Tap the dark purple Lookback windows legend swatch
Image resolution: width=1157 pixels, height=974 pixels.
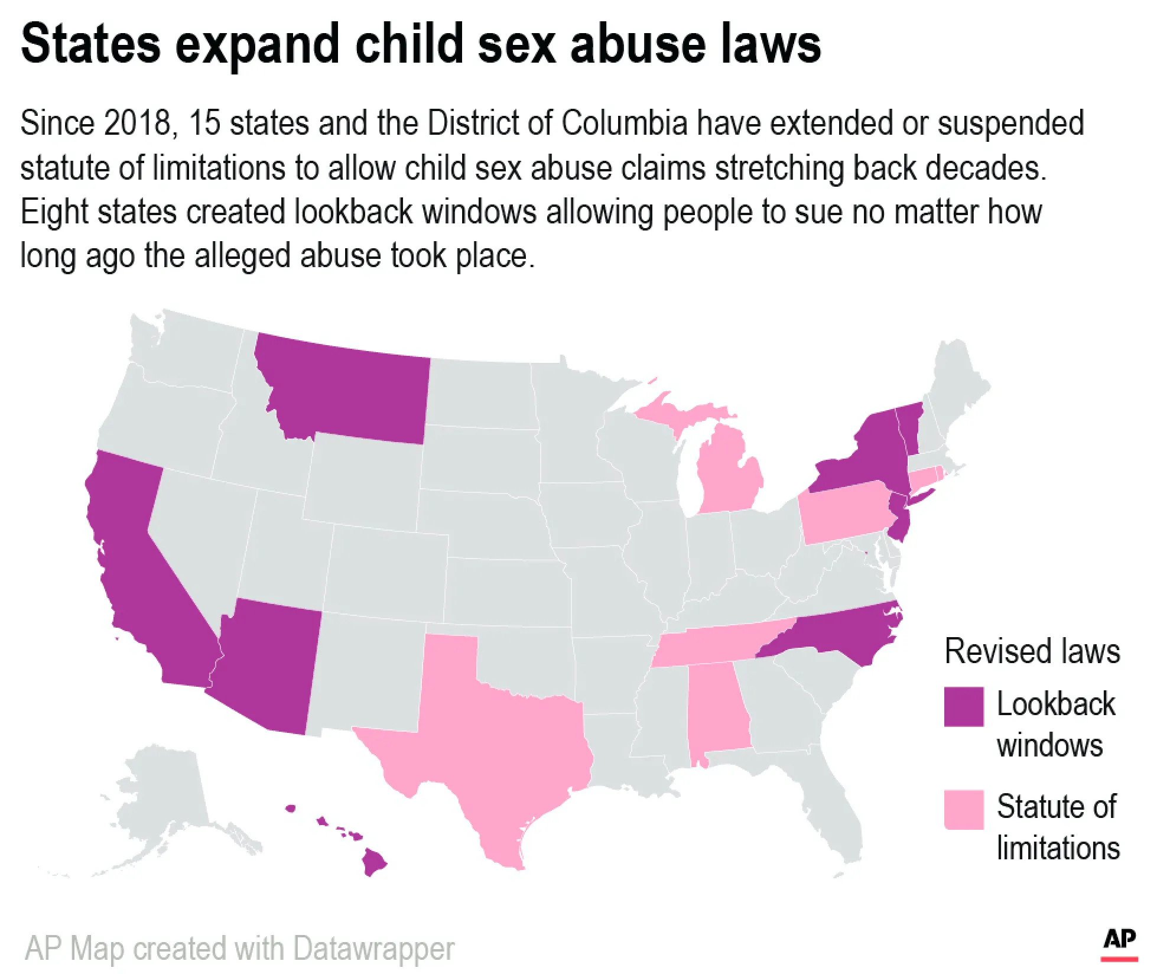tap(964, 706)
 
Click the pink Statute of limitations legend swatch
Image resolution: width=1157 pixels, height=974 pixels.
tap(964, 809)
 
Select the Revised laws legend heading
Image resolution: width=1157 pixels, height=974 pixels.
tap(1032, 651)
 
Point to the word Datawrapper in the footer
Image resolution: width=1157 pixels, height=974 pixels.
tap(373, 949)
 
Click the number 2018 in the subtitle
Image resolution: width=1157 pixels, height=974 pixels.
tap(140, 124)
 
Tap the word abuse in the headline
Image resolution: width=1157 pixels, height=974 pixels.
tap(638, 44)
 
